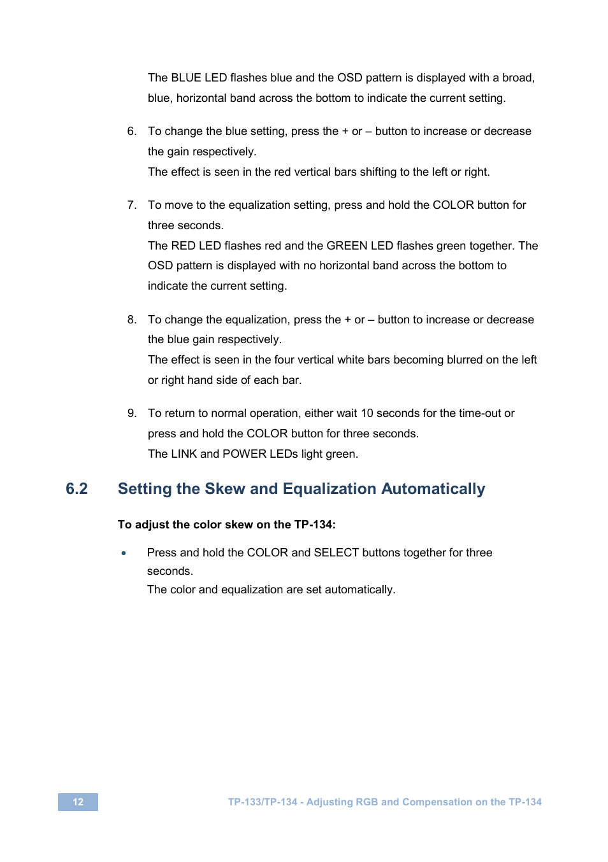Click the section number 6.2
[x=76, y=489]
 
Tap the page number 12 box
[x=78, y=802]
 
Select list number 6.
[x=131, y=131]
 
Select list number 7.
[x=131, y=205]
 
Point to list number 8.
[x=131, y=320]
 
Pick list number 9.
[x=131, y=413]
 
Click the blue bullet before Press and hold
[x=124, y=553]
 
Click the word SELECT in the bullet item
[x=337, y=553]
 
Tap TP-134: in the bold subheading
[x=315, y=525]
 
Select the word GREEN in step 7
[x=347, y=246]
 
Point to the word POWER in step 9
[x=245, y=454]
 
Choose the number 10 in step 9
[x=367, y=413]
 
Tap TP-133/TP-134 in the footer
[x=263, y=802]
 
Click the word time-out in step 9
[x=480, y=413]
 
